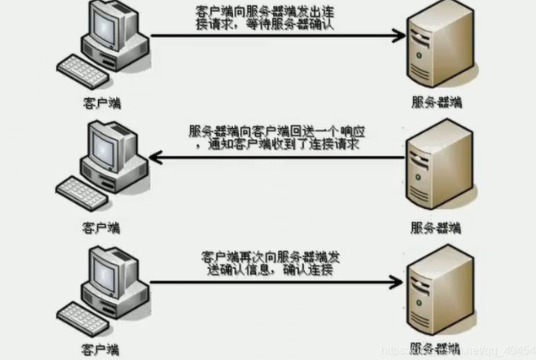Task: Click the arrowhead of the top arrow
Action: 397,36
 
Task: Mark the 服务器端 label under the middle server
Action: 434,227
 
